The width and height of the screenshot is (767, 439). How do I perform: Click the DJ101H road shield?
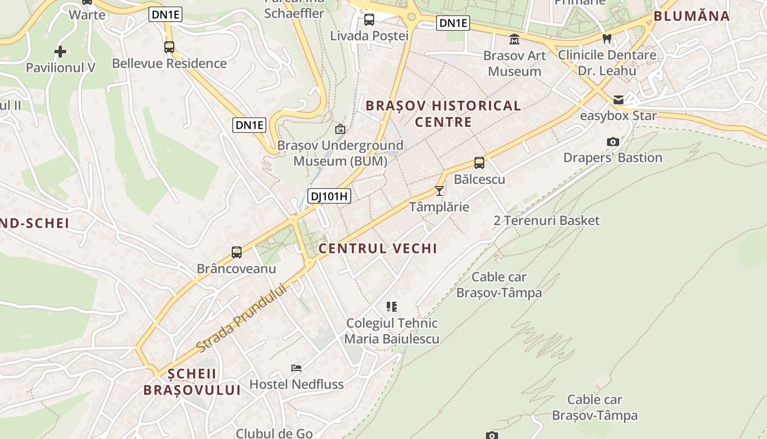pyautogui.click(x=329, y=196)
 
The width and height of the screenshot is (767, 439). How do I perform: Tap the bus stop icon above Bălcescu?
pyautogui.click(x=479, y=162)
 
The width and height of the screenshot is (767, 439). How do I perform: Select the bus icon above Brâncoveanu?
pyautogui.click(x=237, y=252)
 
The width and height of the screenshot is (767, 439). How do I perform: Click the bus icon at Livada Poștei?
pyautogui.click(x=369, y=20)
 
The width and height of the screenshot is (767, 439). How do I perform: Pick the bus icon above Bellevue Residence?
pyautogui.click(x=169, y=47)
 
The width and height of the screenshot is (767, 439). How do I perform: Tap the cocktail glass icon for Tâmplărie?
pyautogui.click(x=439, y=190)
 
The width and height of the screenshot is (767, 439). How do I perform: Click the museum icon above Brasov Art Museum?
pyautogui.click(x=514, y=39)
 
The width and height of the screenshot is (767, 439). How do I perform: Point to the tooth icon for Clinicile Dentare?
pyautogui.click(x=606, y=38)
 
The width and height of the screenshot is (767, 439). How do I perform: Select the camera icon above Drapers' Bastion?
pyautogui.click(x=613, y=142)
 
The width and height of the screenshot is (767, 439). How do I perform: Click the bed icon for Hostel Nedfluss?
pyautogui.click(x=296, y=368)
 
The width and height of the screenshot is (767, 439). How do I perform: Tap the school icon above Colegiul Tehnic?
pyautogui.click(x=391, y=306)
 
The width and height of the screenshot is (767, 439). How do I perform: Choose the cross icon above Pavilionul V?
pyautogui.click(x=60, y=52)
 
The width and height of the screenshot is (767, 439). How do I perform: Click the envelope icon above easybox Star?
pyautogui.click(x=619, y=100)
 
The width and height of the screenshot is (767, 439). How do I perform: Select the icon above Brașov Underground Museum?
pyautogui.click(x=340, y=130)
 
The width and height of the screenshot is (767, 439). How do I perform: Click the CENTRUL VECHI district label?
pyautogui.click(x=378, y=249)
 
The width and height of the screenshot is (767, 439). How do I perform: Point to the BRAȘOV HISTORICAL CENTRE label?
pyautogui.click(x=443, y=114)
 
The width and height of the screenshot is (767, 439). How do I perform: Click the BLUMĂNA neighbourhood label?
pyautogui.click(x=692, y=16)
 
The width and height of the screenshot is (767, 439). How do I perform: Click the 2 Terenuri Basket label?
pyautogui.click(x=547, y=221)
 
